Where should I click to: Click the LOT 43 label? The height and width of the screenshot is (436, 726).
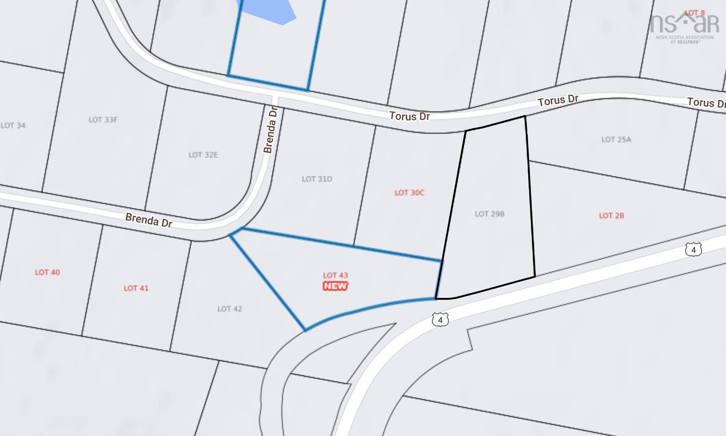coord(335,275)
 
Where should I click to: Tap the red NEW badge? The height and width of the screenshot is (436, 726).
coord(335,286)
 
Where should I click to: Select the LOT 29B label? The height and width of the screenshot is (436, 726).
coord(490,214)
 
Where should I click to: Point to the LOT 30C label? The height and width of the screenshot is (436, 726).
coord(409,193)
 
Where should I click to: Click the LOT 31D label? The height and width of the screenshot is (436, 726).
coord(317,179)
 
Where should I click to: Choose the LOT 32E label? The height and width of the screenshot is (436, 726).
coord(203,155)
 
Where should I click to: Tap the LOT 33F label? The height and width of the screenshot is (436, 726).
coord(103,120)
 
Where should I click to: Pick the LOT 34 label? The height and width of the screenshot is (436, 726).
coord(13,126)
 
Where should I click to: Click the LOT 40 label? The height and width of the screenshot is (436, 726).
coord(47,272)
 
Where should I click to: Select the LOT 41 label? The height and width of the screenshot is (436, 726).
coord(136,288)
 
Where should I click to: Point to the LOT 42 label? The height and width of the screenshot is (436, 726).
coord(230,309)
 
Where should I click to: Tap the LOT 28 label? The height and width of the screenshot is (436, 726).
coord(611,216)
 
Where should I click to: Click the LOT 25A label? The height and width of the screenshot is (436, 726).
coord(616,139)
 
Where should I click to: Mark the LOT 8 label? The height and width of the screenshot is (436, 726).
coord(695,13)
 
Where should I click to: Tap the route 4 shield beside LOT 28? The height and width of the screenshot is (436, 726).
coord(693,250)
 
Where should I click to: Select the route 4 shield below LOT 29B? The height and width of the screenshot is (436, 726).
coord(440,320)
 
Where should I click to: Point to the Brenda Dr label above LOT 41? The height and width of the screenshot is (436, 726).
coord(149,220)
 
